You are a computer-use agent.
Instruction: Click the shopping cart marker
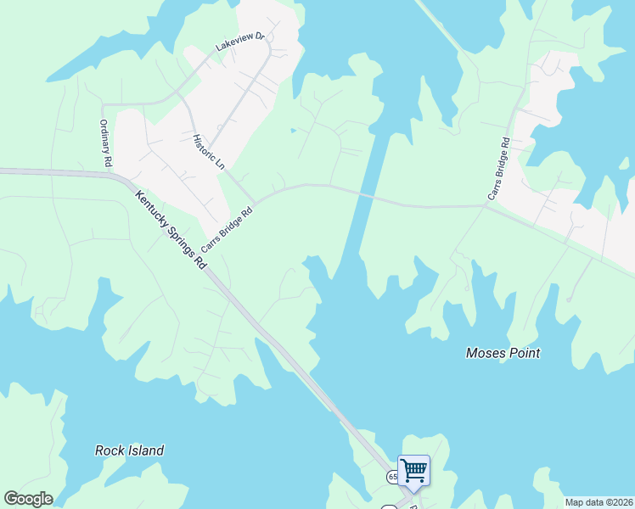pos(413,470)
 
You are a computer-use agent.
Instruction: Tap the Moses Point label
pos(503,353)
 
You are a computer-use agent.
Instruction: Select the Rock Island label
pos(129,450)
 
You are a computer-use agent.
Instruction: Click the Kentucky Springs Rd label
pos(170,229)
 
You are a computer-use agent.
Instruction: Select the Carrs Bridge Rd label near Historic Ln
pos(227,231)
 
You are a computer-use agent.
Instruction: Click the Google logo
pos(28,499)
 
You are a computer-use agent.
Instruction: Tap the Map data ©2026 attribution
pos(598,502)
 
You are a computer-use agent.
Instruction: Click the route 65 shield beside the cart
pos(393,477)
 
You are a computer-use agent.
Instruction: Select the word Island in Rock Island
pos(145,450)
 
